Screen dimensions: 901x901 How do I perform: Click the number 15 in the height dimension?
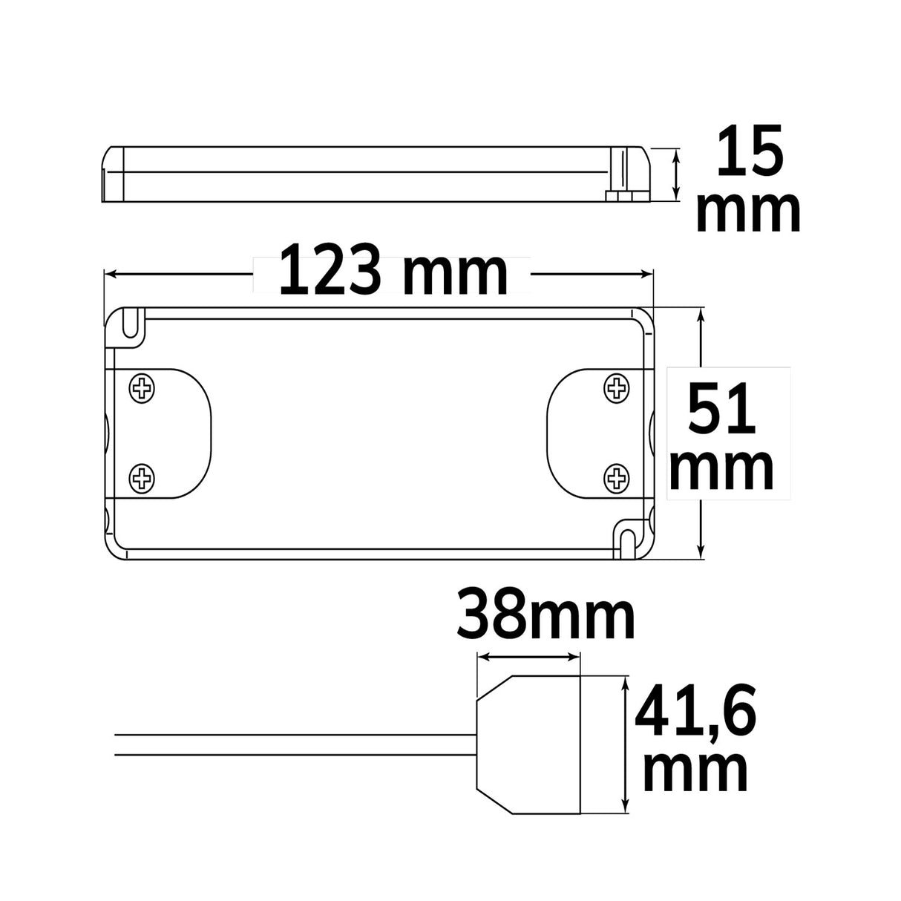pos(749,151)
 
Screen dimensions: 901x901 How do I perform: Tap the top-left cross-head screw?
pos(142,387)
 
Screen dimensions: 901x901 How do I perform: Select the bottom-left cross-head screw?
pos(142,478)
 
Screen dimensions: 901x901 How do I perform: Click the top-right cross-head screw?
pos(617,387)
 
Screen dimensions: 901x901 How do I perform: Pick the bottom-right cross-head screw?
pos(617,478)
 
